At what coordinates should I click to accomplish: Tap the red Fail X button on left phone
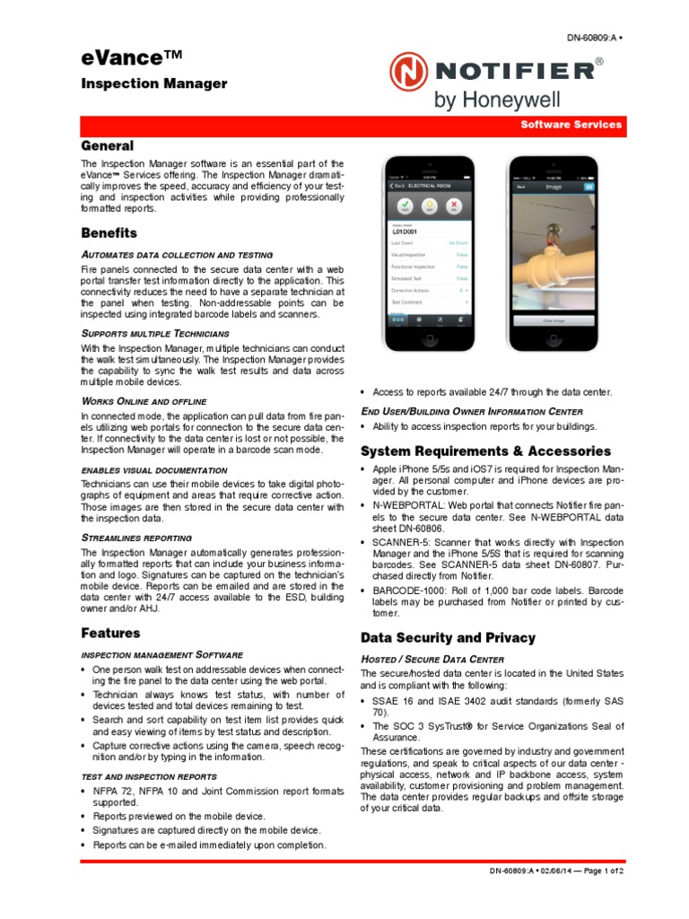click(455, 206)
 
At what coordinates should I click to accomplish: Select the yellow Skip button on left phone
click(429, 206)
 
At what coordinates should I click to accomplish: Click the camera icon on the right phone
click(589, 188)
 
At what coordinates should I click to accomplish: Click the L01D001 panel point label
click(406, 232)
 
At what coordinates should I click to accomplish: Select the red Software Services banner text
click(571, 125)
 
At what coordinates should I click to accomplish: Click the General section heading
click(108, 145)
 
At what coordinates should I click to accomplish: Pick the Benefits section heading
click(109, 232)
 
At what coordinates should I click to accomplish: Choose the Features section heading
click(110, 633)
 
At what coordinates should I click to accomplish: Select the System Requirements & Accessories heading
click(485, 451)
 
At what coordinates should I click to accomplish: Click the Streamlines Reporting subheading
click(136, 538)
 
